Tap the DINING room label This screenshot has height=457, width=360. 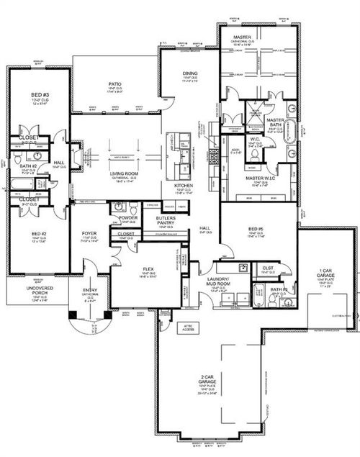point(190,73)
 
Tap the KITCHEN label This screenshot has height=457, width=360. point(184,185)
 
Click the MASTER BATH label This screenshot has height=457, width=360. point(276,124)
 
